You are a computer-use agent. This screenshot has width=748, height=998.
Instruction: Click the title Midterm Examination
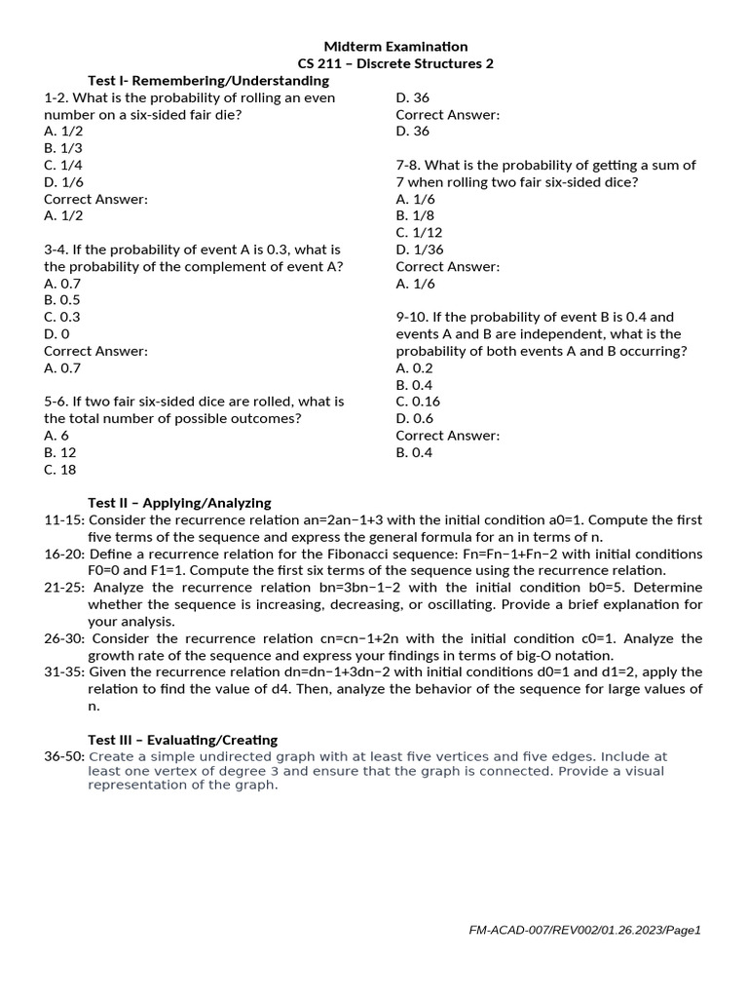(395, 47)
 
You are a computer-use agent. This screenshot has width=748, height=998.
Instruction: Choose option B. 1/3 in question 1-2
(63, 148)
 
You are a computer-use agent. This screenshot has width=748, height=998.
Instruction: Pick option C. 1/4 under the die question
(63, 166)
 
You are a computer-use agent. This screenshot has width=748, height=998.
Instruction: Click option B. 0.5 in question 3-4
(62, 300)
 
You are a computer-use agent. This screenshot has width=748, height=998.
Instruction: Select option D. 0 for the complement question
(56, 334)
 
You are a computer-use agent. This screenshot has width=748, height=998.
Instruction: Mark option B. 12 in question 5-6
(60, 452)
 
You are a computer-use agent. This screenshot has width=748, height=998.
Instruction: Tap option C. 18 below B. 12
(60, 470)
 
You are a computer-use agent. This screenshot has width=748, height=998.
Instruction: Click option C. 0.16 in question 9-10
(418, 402)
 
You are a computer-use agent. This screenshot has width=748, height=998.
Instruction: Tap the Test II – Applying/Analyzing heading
(179, 503)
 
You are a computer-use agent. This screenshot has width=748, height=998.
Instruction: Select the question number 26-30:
(64, 638)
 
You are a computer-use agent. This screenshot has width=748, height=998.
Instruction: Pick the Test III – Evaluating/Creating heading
(182, 740)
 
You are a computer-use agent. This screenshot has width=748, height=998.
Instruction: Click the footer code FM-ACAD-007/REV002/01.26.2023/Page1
(584, 931)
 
